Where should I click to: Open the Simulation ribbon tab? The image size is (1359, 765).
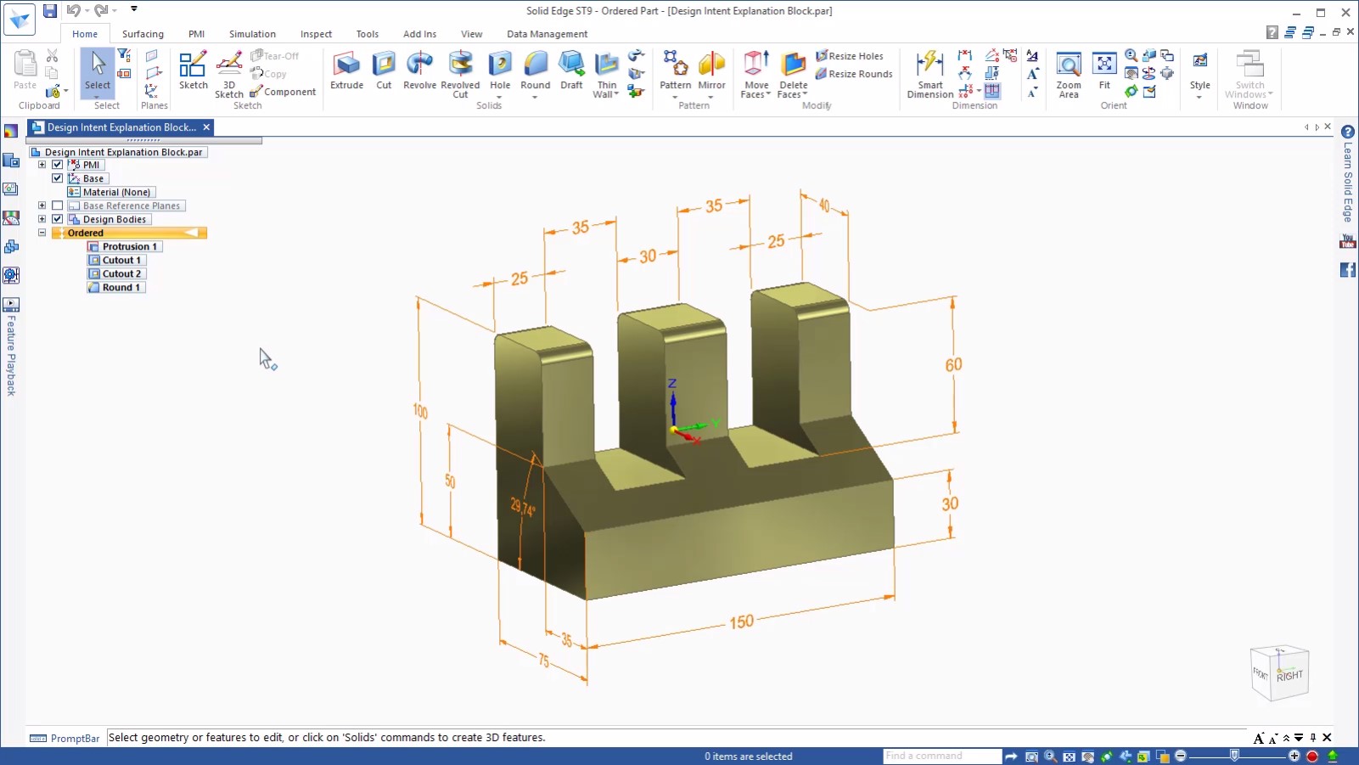tap(252, 34)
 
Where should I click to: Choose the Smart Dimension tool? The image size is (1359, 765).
tap(930, 74)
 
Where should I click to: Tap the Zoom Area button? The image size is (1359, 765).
tap(1069, 74)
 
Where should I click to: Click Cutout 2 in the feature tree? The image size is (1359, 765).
tap(121, 274)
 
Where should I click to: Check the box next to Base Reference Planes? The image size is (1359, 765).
tap(58, 205)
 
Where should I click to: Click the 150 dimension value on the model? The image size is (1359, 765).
tap(741, 622)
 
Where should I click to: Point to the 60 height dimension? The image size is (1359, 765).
tap(953, 365)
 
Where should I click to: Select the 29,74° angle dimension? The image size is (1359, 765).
tap(522, 509)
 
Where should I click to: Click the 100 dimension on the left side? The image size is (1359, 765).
tap(420, 411)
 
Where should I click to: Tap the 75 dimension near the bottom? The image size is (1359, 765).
tap(543, 661)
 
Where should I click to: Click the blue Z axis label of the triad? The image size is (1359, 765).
tap(671, 384)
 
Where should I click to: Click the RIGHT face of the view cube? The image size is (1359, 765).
tap(1289, 676)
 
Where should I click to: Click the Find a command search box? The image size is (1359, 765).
tap(941, 756)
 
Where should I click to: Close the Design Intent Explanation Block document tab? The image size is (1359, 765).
tap(206, 127)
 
